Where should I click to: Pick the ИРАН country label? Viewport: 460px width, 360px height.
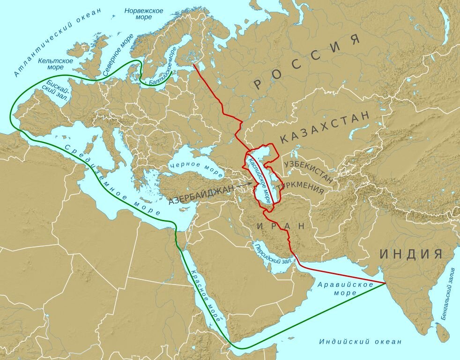pyautogui.click(x=281, y=225)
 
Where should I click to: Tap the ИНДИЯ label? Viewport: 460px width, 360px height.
pyautogui.click(x=411, y=254)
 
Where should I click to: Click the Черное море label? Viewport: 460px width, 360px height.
pyautogui.click(x=196, y=169)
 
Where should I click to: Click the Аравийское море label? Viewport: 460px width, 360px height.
pyautogui.click(x=345, y=288)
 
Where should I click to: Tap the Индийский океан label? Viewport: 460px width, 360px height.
pyautogui.click(x=360, y=341)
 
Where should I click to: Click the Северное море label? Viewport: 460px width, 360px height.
pyautogui.click(x=118, y=55)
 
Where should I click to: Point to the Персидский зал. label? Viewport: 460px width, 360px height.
pyautogui.click(x=273, y=255)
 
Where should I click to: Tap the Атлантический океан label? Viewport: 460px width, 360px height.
pyautogui.click(x=57, y=42)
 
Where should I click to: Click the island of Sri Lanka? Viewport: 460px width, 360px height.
pyautogui.click(x=442, y=332)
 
